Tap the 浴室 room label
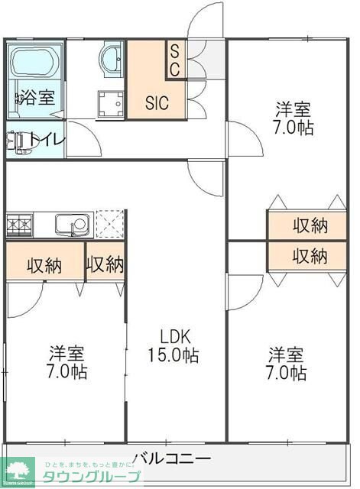point(36,97)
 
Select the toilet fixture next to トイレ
point(16,141)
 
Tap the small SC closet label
point(174,61)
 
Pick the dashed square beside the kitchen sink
point(110,225)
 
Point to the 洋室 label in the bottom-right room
point(286,355)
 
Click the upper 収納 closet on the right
point(310,225)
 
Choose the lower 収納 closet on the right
point(310,256)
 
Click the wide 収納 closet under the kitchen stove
point(44,265)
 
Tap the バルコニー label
point(171,458)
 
